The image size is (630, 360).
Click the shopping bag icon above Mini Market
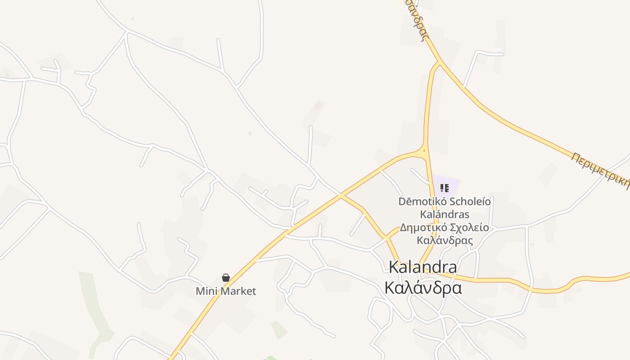[226, 278]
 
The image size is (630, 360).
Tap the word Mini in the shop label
[204, 291]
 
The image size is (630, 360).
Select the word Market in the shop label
[235, 291]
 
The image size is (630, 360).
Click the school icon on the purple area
[445, 188]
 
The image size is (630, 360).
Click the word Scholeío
[468, 201]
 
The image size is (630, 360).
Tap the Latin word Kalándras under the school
[445, 214]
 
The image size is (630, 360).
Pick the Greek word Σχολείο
[468, 227]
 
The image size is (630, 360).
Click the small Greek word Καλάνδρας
[445, 240]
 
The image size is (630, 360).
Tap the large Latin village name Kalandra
[423, 267]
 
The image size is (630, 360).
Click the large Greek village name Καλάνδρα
[423, 288]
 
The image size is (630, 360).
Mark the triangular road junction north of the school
[423, 152]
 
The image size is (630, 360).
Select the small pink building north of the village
[318, 106]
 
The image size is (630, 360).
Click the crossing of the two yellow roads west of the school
[341, 196]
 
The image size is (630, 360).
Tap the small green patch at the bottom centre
[279, 330]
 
